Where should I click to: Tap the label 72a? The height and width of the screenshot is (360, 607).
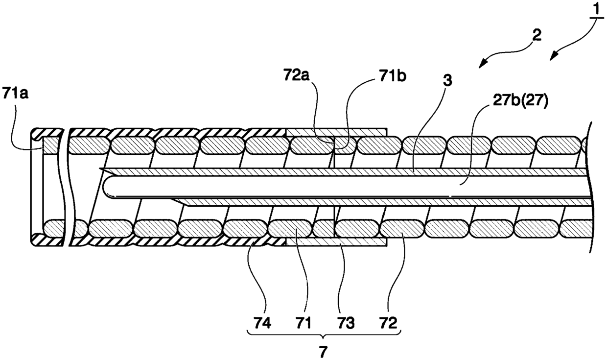(x=296, y=75)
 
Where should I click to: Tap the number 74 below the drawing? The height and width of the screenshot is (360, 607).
(x=262, y=323)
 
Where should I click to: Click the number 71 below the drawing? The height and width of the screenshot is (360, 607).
(x=303, y=323)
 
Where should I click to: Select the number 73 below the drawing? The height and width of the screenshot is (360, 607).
(x=346, y=323)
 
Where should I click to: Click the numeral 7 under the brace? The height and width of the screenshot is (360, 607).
(x=323, y=352)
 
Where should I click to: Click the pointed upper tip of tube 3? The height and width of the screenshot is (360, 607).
(x=100, y=168)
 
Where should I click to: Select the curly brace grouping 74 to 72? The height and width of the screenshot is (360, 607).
(x=324, y=334)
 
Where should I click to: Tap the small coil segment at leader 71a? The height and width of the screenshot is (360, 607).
(x=50, y=145)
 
